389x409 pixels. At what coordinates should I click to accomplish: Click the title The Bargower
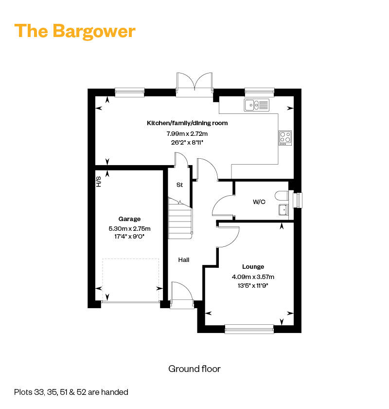(75, 31)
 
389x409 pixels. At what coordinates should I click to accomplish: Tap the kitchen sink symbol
(257, 105)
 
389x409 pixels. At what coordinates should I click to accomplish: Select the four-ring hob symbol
(285, 138)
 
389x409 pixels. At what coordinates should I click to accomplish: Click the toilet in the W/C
(282, 196)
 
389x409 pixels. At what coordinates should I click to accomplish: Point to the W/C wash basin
(283, 210)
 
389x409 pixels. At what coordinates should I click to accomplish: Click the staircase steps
(180, 219)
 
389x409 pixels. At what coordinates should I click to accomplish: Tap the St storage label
(179, 185)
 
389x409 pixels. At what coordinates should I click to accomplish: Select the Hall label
(184, 260)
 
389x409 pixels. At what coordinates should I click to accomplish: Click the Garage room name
(129, 219)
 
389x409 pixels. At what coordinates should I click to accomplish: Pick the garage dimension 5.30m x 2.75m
(129, 229)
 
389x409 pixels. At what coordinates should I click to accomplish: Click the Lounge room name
(253, 267)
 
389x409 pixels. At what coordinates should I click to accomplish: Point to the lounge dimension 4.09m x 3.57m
(253, 277)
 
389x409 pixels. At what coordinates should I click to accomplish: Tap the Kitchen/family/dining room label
(187, 123)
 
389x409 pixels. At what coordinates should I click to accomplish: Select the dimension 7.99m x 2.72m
(187, 134)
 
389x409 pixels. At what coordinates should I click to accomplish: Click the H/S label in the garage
(99, 182)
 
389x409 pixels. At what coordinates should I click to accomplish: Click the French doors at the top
(194, 84)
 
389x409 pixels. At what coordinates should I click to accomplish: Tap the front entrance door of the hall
(182, 295)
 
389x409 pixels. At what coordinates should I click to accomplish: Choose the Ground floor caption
(194, 369)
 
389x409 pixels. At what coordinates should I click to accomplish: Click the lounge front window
(249, 329)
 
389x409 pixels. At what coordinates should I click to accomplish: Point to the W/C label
(259, 202)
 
